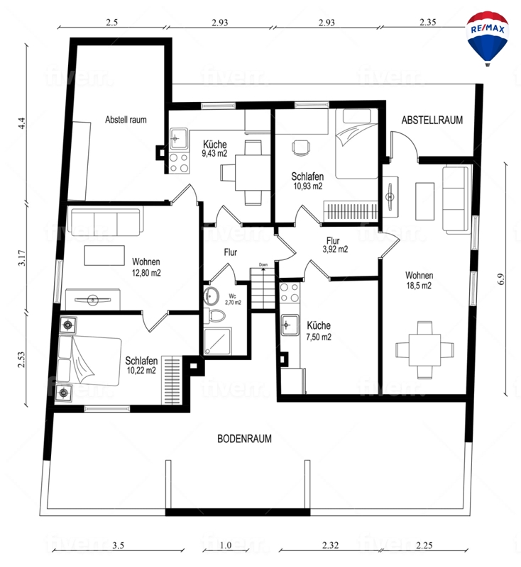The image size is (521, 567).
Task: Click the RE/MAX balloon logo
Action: pos(488,38)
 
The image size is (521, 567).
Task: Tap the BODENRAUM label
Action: pos(244,439)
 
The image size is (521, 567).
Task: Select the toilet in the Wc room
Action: pos(216,315)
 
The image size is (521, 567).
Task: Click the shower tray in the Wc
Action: pos(218,341)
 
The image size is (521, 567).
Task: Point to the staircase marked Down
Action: pos(263,288)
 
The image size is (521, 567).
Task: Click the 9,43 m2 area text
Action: pos(214,153)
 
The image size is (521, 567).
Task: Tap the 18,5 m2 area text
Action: pos(419,286)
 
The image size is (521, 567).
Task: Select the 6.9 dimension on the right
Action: pos(501,279)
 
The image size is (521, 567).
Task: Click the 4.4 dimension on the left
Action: pos(23,123)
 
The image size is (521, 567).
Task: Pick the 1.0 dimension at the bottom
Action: pos(226,545)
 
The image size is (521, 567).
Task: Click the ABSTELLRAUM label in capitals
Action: pos(432,120)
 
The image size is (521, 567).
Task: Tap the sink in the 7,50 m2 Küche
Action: pos(290,325)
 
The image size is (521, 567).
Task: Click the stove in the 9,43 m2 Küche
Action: pos(179,163)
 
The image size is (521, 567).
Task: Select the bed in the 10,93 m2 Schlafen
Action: pos(357,144)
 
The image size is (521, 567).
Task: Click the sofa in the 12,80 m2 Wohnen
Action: pos(105,220)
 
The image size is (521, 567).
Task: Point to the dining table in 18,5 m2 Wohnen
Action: pos(424,350)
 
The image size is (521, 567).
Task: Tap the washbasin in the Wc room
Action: pos(211,296)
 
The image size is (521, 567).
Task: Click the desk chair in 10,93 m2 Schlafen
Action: pos(301,148)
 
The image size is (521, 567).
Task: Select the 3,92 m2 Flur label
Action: pos(334,245)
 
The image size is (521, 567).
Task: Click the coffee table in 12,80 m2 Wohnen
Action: pos(104,255)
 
